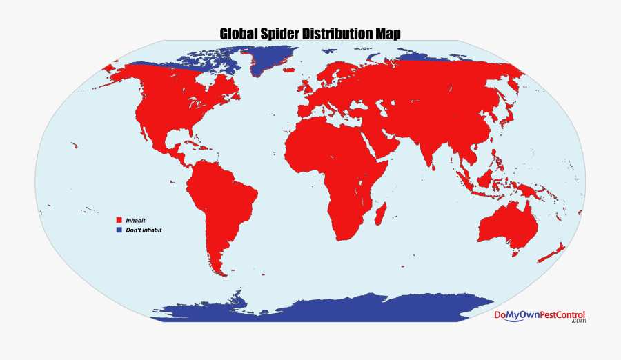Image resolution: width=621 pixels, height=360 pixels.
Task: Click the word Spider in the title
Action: tap(282, 33)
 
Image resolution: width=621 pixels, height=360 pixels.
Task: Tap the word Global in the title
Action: tap(238, 33)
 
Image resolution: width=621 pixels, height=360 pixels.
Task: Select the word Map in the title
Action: tap(388, 33)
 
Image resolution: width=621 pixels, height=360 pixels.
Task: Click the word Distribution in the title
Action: tap(338, 33)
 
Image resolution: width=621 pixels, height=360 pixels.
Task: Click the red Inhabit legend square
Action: tap(119, 220)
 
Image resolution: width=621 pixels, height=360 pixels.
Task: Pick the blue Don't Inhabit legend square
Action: tap(119, 230)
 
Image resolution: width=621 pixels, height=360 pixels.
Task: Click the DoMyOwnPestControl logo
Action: tap(539, 316)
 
